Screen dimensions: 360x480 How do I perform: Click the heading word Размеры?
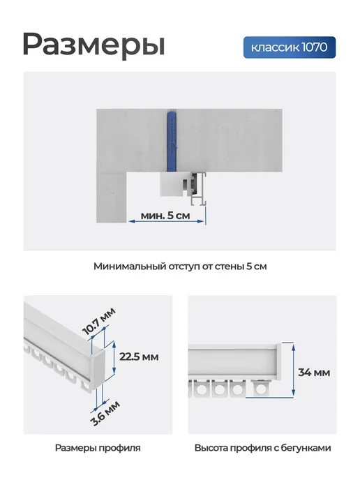[93, 44]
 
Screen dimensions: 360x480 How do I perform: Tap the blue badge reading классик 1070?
[290, 47]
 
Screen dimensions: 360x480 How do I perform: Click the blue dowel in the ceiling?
[172, 141]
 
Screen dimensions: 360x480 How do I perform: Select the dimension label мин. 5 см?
[165, 216]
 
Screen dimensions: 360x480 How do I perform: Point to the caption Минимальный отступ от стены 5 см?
[180, 267]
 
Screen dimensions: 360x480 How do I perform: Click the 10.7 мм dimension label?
[99, 321]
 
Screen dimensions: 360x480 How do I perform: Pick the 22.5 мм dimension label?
[139, 357]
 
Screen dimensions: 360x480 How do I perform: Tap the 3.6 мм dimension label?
[105, 413]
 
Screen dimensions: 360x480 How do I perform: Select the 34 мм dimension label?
[314, 373]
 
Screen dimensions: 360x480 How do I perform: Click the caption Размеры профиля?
[98, 448]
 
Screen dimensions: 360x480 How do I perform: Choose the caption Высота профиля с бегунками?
[262, 448]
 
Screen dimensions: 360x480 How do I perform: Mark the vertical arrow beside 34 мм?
[293, 370]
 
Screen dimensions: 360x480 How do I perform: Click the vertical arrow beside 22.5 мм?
[114, 357]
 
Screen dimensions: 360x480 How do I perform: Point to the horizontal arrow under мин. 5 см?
[166, 221]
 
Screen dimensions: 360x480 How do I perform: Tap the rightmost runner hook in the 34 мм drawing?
[260, 387]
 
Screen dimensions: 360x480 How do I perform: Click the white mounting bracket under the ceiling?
[172, 184]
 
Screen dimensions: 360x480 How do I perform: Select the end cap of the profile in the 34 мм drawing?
[278, 361]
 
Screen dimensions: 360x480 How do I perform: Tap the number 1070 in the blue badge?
[315, 47]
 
